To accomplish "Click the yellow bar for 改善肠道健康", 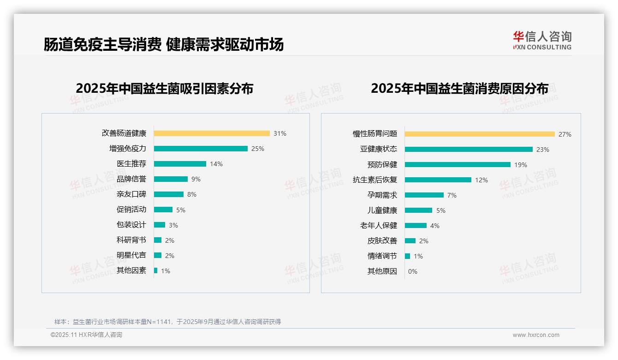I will pyautogui.click(x=212, y=133).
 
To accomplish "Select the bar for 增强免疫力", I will pyautogui.click(x=201, y=149).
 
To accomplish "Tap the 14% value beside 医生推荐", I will pyautogui.click(x=216, y=164).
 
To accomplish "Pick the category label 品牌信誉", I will pyautogui.click(x=131, y=179).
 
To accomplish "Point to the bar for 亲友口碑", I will pyautogui.click(x=169, y=194).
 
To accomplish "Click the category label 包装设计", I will pyautogui.click(x=131, y=225).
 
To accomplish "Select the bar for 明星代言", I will pyautogui.click(x=158, y=255).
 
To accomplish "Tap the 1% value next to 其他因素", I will pyautogui.click(x=166, y=271).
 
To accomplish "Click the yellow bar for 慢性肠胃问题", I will pyautogui.click(x=480, y=134).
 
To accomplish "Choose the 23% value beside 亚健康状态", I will pyautogui.click(x=543, y=150).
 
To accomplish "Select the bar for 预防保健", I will pyautogui.click(x=458, y=165).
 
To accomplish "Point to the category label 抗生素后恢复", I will pyautogui.click(x=375, y=180).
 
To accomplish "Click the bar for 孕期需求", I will pyautogui.click(x=424, y=195).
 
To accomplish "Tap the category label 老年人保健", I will pyautogui.click(x=379, y=226).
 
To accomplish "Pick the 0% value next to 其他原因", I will pyautogui.click(x=413, y=271).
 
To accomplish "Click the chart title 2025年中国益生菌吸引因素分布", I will pyautogui.click(x=165, y=89).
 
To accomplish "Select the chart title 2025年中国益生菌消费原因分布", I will pyautogui.click(x=459, y=89).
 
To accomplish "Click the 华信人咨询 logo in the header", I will pyautogui.click(x=542, y=40).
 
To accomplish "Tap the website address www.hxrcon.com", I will pyautogui.click(x=536, y=335).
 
